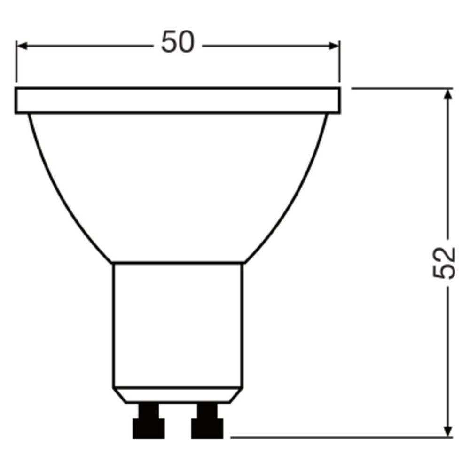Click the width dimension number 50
178,42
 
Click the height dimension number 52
444,263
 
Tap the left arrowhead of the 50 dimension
22,46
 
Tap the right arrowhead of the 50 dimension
334,46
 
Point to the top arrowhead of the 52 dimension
447,94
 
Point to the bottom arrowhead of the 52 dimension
447,432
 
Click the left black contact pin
149,421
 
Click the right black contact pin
207,421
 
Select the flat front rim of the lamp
178,101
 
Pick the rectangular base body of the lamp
178,325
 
